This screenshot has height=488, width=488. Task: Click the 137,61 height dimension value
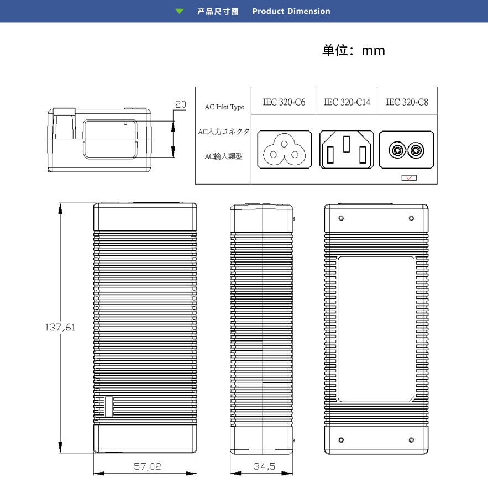[x=60, y=327]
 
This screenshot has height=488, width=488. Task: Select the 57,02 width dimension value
[x=148, y=467]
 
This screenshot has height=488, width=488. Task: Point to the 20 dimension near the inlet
[x=181, y=104]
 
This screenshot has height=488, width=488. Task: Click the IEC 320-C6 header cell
[x=284, y=102]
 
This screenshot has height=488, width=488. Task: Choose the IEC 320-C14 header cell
[x=347, y=102]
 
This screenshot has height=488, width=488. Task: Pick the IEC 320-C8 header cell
[x=407, y=102]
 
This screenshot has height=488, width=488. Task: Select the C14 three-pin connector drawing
[x=347, y=149]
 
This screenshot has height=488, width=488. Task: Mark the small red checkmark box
[x=409, y=178]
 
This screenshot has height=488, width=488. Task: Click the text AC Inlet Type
[x=224, y=107]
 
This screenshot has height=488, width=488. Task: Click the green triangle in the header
[x=179, y=11]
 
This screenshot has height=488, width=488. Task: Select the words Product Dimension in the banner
[x=291, y=11]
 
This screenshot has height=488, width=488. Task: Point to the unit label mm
[x=373, y=51]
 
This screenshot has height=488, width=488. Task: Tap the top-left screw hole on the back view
[x=341, y=218]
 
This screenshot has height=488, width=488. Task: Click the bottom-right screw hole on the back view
[x=411, y=440]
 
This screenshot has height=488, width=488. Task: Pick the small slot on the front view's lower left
[x=109, y=407]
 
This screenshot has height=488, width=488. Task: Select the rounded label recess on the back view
[x=376, y=329]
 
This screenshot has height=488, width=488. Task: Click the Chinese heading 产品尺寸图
[x=218, y=11]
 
